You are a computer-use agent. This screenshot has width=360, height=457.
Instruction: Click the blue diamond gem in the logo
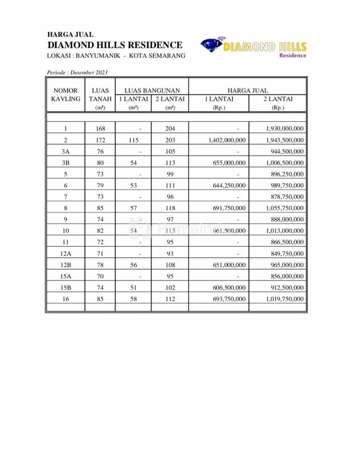[212, 46]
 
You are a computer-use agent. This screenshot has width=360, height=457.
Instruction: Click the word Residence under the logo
[293, 55]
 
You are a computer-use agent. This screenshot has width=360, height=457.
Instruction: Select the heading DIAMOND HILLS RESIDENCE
[115, 45]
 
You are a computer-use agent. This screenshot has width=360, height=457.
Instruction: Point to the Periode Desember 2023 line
[77, 73]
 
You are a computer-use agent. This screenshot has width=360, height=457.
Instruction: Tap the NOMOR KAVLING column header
[66, 95]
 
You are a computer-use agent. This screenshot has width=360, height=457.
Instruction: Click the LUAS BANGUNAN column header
[152, 90]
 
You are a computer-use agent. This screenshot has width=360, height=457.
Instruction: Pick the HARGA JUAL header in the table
[247, 90]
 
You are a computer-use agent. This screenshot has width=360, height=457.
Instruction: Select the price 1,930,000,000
[285, 129]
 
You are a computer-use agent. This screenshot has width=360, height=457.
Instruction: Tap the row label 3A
[66, 151]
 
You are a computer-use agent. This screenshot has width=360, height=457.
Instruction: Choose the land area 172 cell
[100, 140]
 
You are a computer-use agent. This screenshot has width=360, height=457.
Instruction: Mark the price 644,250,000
[229, 185]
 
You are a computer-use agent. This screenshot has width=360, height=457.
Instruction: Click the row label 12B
[66, 264]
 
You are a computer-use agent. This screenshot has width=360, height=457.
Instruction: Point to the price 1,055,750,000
[285, 208]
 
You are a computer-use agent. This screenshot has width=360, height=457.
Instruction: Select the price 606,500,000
[229, 287]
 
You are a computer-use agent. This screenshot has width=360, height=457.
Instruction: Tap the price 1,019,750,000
[285, 299]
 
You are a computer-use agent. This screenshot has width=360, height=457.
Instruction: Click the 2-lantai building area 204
[170, 129]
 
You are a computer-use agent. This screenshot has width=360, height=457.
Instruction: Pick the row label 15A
[66, 276]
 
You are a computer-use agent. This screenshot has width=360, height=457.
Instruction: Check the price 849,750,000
[287, 253]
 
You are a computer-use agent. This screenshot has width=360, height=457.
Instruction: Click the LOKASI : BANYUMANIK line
[116, 55]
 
